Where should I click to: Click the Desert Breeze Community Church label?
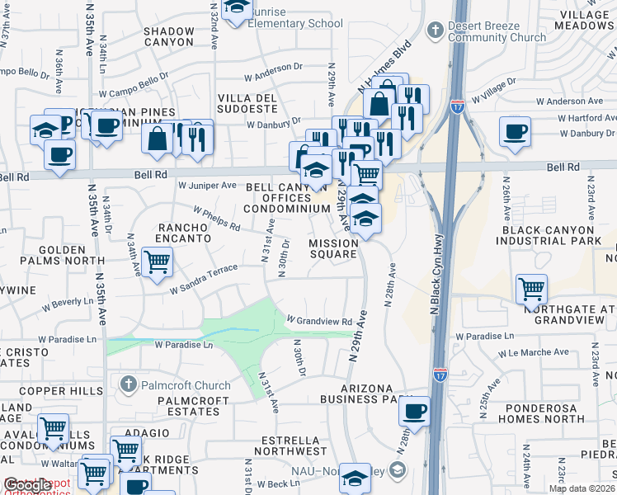tap(496, 31)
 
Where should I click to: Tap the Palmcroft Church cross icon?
tap(127, 384)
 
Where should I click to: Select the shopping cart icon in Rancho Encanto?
tap(157, 262)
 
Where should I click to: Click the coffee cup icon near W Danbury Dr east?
tap(515, 131)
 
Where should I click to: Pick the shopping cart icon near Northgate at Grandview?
tap(532, 289)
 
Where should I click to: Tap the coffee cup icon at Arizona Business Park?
tap(416, 410)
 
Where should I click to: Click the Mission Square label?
tap(333, 248)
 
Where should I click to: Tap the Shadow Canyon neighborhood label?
tap(169, 35)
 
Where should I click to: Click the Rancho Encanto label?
tap(185, 232)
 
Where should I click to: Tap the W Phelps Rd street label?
tap(217, 219)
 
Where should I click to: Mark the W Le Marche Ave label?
tap(534, 352)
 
